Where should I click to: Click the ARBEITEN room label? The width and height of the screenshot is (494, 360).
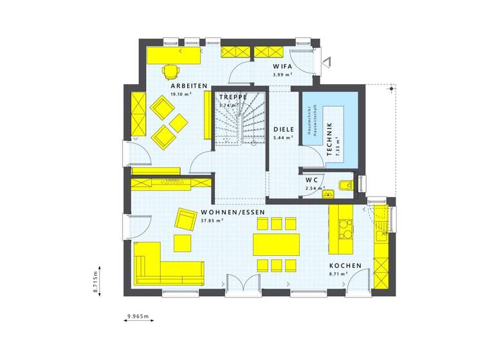(x=188, y=85)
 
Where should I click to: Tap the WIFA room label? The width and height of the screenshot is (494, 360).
(x=282, y=66)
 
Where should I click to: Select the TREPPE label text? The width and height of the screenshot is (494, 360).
(x=232, y=96)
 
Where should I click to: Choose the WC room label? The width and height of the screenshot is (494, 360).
(x=312, y=179)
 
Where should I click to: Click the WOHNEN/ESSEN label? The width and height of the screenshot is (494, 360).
(x=233, y=212)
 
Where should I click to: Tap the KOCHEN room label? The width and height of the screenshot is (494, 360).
(x=345, y=265)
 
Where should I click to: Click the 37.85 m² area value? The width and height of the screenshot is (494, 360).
(x=212, y=221)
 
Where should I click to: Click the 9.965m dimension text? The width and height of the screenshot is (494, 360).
(x=138, y=316)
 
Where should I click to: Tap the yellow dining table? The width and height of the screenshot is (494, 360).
(x=276, y=244)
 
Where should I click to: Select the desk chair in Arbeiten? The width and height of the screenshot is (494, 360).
(x=170, y=70)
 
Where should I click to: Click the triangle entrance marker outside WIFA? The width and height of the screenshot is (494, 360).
(x=327, y=62)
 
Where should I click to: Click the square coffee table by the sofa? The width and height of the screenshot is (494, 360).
(x=183, y=243)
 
